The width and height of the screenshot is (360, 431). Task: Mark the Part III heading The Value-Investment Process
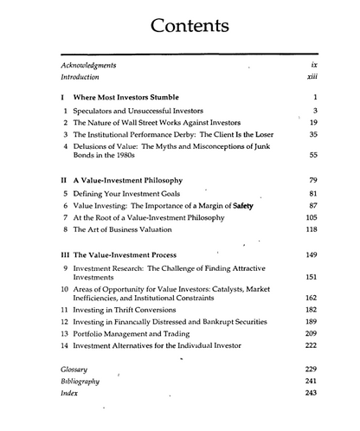coord(125,256)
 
